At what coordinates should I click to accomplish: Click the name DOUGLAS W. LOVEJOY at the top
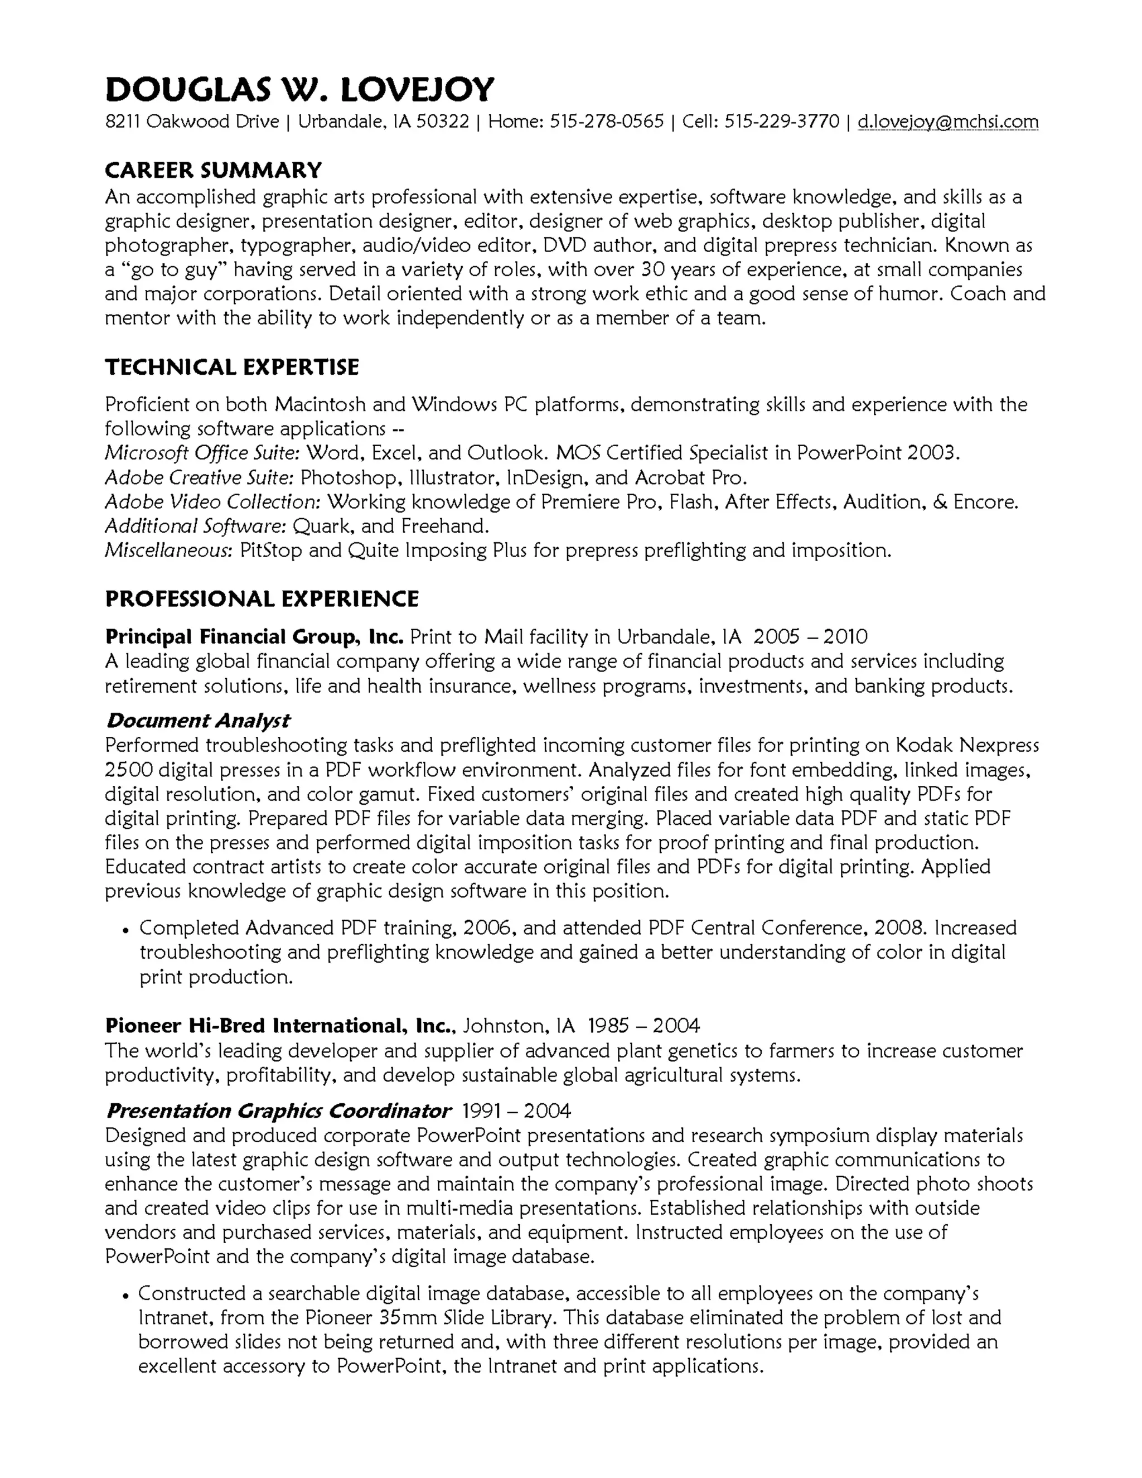point(299,90)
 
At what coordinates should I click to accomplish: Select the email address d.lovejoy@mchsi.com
point(947,122)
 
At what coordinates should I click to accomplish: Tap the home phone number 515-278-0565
point(606,122)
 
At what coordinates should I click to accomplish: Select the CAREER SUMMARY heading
point(213,170)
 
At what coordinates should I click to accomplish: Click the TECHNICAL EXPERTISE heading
point(231,368)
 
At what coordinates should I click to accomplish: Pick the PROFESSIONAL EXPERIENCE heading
point(262,599)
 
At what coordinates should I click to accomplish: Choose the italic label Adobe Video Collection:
point(212,502)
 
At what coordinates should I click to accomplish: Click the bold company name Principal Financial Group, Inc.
point(254,637)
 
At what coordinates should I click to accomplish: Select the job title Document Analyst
point(198,721)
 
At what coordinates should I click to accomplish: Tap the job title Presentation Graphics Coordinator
point(278,1110)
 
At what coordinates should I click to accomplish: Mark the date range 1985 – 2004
point(643,1026)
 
